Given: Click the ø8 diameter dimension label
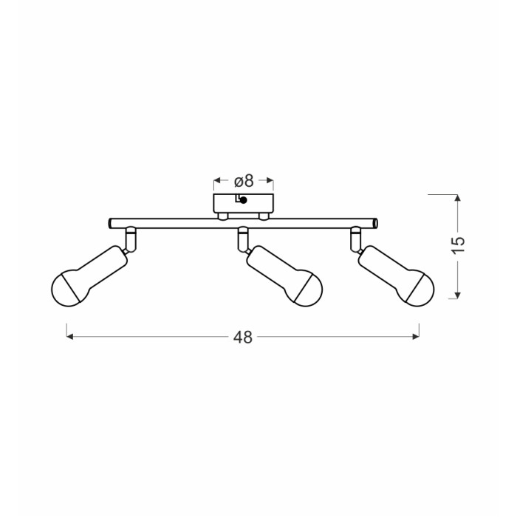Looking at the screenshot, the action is [x=244, y=181].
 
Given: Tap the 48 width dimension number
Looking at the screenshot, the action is [x=243, y=338].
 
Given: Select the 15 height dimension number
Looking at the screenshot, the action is [x=458, y=245].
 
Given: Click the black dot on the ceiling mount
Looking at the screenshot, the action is [x=244, y=200].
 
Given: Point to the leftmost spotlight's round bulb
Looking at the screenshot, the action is [x=66, y=289].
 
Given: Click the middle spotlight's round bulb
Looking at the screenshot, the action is [x=308, y=289].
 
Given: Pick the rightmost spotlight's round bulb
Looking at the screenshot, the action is [x=420, y=289].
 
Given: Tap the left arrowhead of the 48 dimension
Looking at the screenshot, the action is [x=69, y=337].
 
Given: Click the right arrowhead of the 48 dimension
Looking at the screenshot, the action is [x=416, y=337].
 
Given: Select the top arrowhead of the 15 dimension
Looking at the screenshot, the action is [x=457, y=197].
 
